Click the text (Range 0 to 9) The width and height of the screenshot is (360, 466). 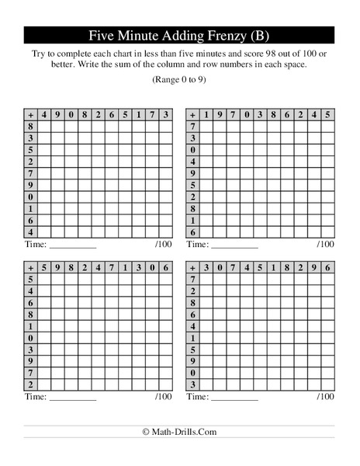coord(179,80)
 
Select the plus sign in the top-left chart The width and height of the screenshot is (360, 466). coord(31,114)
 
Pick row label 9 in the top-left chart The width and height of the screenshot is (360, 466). coord(31,185)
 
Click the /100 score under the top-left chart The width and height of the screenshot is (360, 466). coord(163,244)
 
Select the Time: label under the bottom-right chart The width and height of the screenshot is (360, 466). coord(199,397)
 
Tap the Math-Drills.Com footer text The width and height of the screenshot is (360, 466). coord(179,431)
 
